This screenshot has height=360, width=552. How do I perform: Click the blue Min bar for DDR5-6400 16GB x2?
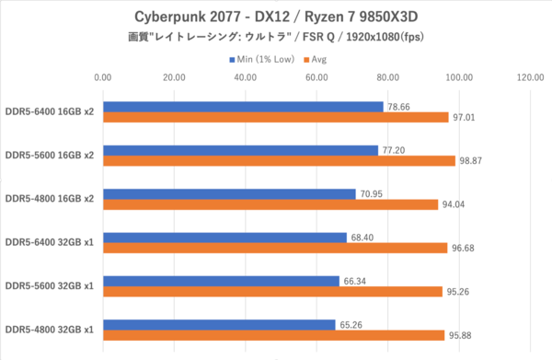[243, 107]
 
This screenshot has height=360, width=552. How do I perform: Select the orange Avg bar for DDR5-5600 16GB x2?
[279, 160]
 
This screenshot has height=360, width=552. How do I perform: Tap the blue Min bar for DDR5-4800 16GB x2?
[229, 194]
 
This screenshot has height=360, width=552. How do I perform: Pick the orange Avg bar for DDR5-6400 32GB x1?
[275, 248]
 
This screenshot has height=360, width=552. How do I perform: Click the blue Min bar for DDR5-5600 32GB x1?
[221, 281]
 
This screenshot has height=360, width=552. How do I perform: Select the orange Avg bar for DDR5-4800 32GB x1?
[274, 335]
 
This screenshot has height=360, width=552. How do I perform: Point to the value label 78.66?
[399, 107]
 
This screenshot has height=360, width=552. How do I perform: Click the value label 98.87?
[471, 160]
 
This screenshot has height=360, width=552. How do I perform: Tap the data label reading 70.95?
[371, 194]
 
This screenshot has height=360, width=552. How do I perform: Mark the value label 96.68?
[463, 248]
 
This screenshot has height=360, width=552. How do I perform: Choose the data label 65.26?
[351, 325]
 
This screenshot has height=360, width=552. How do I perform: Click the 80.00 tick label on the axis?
[388, 77]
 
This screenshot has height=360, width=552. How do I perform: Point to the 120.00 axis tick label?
[530, 77]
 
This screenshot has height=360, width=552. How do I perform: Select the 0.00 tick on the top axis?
[103, 77]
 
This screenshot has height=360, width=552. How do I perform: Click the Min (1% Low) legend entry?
[262, 59]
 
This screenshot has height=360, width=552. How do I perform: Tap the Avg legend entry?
[316, 60]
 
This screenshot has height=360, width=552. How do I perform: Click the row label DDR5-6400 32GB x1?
[50, 242]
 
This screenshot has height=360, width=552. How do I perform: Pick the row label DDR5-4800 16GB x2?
[50, 199]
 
